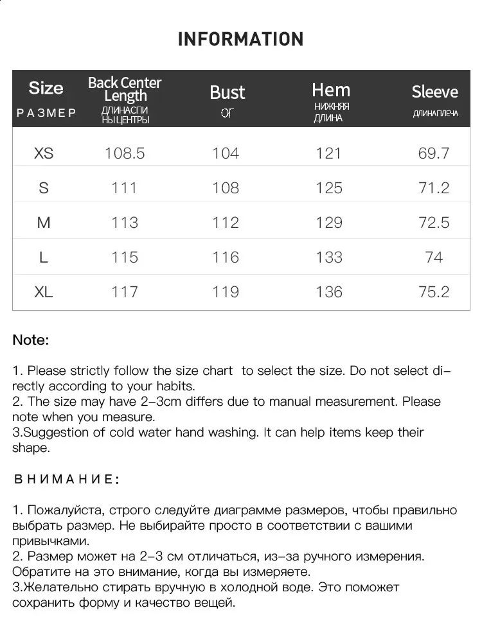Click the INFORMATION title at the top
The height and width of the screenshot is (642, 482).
point(240,39)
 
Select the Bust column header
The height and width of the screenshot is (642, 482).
point(227,92)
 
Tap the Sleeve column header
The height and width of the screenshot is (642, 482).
point(434,92)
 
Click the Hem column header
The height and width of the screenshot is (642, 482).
point(331,90)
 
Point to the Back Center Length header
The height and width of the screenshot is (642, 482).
point(125,89)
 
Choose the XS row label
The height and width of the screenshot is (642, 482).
point(44,153)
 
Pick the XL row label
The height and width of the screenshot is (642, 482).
point(44,292)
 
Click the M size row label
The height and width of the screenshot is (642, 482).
point(44,223)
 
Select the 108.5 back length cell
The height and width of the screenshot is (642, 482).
point(125,153)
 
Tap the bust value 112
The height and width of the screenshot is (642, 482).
point(226,223)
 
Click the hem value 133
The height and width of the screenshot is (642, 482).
point(329,257)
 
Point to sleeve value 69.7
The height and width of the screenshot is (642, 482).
point(434,153)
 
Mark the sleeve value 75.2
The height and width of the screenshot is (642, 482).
point(434,292)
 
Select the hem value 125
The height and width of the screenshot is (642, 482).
point(329,188)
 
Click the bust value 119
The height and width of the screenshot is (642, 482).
point(226,292)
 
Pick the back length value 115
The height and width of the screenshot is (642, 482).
point(125,257)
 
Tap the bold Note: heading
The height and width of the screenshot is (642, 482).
point(30,340)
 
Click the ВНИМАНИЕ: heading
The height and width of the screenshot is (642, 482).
point(66,480)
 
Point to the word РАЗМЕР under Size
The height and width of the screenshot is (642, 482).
point(46,113)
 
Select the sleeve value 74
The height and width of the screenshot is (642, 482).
point(434,257)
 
